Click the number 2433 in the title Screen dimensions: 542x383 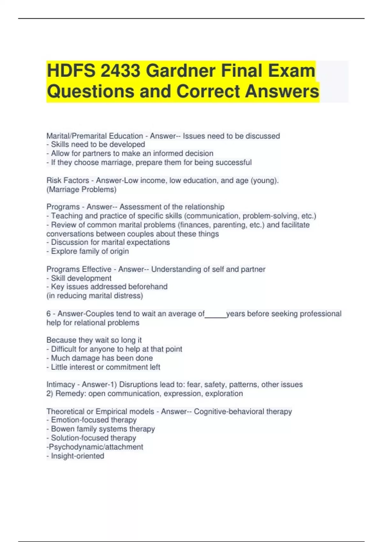pos(120,71)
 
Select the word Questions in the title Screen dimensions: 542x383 pos(91,92)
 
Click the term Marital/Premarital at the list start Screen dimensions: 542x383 pos(95,136)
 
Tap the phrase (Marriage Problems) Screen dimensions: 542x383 pos(81,189)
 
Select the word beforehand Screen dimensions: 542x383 pos(148,287)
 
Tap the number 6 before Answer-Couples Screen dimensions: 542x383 pos(49,314)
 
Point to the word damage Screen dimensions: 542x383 pos(86,358)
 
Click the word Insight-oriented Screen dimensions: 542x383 pos(78,456)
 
